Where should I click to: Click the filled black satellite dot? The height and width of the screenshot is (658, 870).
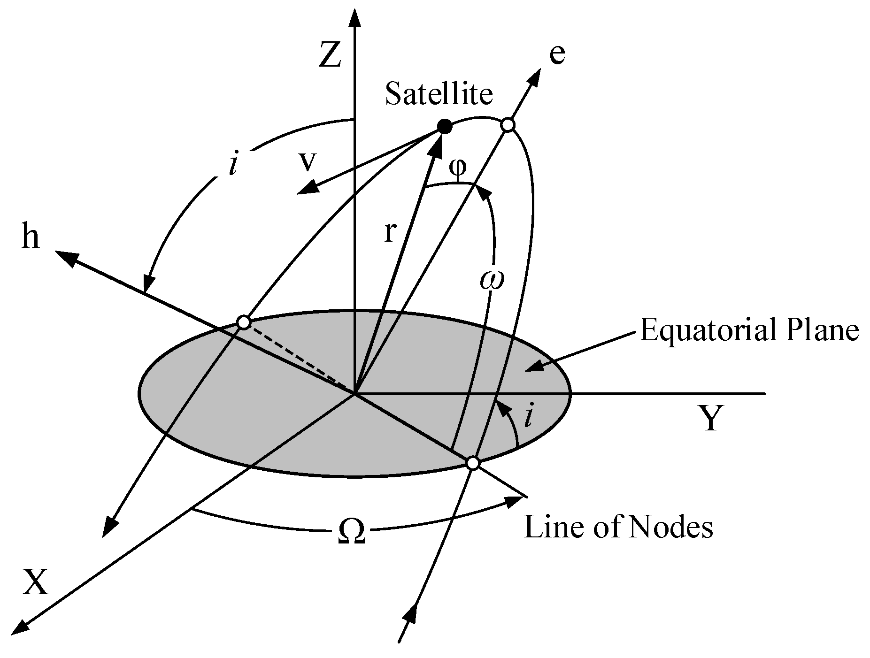tap(444, 126)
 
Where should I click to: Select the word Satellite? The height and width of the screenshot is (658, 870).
tap(439, 94)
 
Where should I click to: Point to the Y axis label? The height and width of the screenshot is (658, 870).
tap(710, 419)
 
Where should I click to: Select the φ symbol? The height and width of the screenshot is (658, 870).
tap(458, 168)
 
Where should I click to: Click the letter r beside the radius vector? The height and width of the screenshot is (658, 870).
tap(389, 233)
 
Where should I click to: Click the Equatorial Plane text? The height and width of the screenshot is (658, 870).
tap(749, 331)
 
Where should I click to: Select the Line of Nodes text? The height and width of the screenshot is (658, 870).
tap(618, 527)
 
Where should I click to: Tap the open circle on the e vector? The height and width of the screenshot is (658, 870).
tap(508, 125)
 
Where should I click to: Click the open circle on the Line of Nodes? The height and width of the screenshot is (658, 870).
tap(473, 463)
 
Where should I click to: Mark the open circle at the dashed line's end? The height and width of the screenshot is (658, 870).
tap(244, 322)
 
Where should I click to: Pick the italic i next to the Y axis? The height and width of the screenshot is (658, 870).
tap(528, 417)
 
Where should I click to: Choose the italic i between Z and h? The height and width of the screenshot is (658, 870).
tap(232, 165)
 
